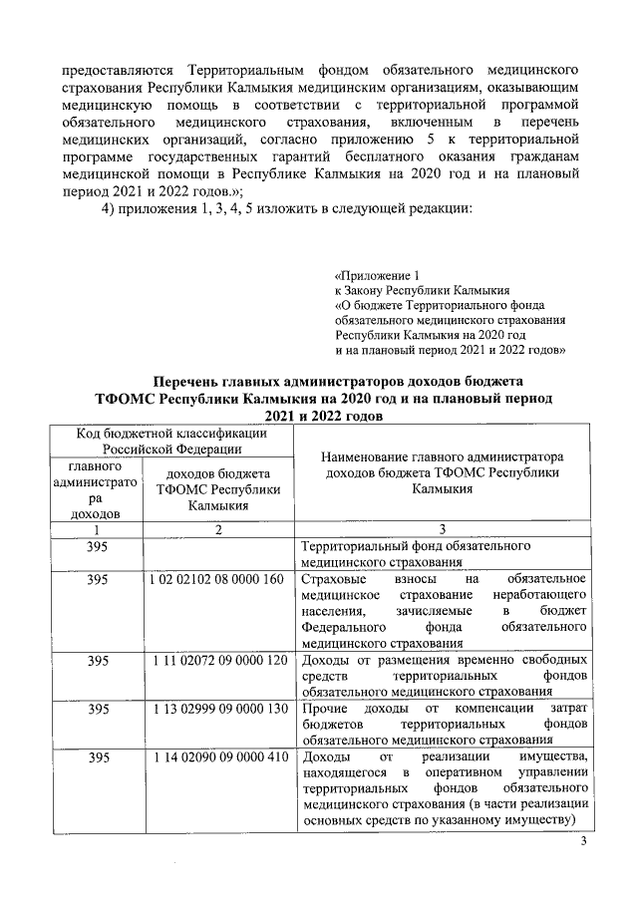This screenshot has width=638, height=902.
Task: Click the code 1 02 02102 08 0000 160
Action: pyautogui.click(x=218, y=579)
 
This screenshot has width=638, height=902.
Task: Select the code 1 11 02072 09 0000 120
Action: pyautogui.click(x=218, y=661)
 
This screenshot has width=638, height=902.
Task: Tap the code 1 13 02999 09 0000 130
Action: pyautogui.click(x=218, y=709)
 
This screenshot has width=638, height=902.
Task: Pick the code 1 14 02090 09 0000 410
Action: pyautogui.click(x=218, y=757)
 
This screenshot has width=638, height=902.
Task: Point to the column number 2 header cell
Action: pyautogui.click(x=218, y=529)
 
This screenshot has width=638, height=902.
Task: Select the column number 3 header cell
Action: pyautogui.click(x=442, y=529)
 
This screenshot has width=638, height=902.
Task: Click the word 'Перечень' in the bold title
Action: pyautogui.click(x=194, y=383)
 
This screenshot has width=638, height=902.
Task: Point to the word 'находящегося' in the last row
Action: pyautogui.click(x=344, y=773)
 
